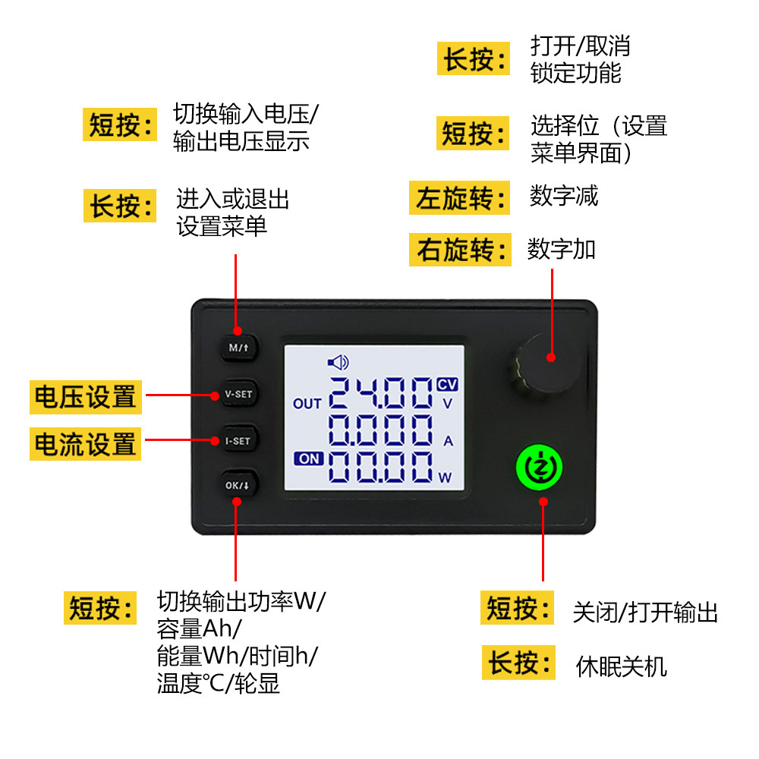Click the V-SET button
238,395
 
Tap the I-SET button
238,440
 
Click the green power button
542,467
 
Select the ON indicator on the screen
309,458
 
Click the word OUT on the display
307,404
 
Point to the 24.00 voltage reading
381,396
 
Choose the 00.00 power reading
381,469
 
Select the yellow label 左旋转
461,199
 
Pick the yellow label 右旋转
461,250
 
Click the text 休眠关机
622,666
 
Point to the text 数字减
564,196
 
